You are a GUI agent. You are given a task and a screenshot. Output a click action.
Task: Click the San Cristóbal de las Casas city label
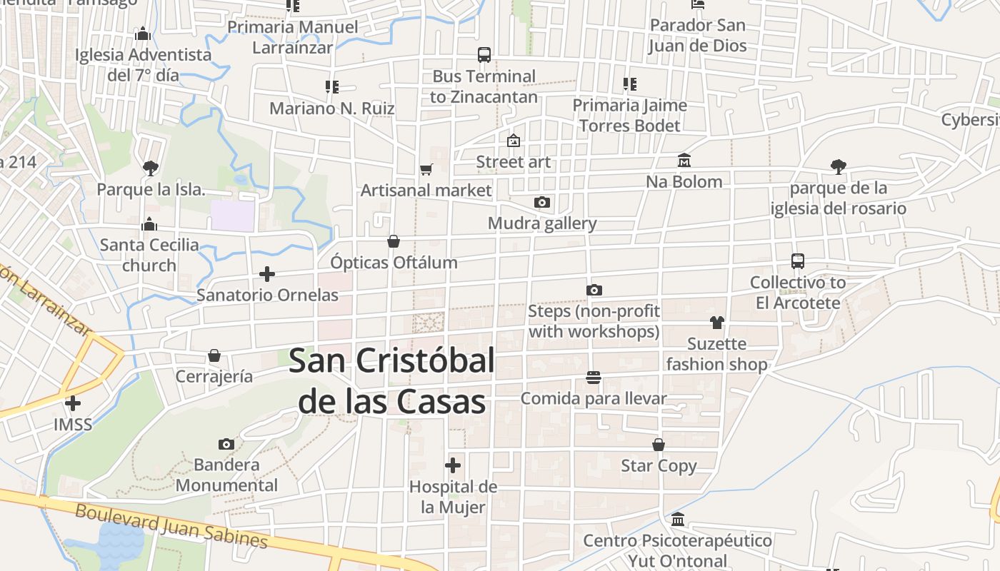(x=392, y=380)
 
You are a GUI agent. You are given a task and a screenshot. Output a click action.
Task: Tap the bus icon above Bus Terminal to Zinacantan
(x=484, y=55)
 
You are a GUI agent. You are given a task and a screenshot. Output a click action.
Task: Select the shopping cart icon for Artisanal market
(x=426, y=170)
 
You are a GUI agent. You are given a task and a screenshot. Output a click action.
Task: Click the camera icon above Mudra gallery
(x=542, y=203)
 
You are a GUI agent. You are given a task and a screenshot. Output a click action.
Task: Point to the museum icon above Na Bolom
(x=684, y=161)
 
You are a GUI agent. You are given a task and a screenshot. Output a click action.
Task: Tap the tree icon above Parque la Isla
(x=150, y=168)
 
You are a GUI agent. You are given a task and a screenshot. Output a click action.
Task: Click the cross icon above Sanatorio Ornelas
(x=267, y=274)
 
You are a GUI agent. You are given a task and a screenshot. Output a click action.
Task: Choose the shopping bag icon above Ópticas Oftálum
(x=394, y=242)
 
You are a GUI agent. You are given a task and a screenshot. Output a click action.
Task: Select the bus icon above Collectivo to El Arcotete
(x=798, y=261)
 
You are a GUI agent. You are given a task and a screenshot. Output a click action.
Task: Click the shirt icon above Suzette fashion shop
(x=717, y=323)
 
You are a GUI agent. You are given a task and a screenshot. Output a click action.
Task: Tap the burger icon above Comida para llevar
(x=594, y=378)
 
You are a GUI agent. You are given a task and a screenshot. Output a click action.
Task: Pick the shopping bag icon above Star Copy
(x=659, y=445)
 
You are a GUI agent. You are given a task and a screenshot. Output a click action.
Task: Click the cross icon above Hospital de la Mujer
(x=453, y=466)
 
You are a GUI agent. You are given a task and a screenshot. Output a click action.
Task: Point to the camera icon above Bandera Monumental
(x=226, y=445)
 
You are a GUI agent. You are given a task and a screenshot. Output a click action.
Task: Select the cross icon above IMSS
(x=73, y=404)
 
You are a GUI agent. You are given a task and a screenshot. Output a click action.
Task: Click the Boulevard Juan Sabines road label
(x=171, y=526)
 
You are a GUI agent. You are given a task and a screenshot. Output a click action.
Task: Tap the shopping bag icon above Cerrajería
(x=214, y=355)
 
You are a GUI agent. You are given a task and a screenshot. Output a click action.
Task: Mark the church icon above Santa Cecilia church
(x=149, y=224)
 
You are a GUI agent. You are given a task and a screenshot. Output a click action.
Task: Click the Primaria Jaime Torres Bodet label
(x=629, y=115)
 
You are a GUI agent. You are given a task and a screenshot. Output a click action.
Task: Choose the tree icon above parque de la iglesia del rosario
(x=839, y=167)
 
